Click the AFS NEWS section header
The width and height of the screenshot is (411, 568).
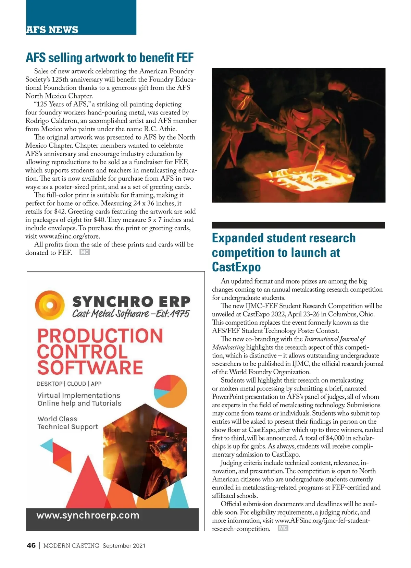52,30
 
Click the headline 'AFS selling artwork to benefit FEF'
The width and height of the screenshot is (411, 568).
110,58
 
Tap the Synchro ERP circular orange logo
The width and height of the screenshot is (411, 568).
50,306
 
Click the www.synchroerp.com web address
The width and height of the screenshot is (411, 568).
88,516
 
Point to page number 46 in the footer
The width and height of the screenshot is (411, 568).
31,545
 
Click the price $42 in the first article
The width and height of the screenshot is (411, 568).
60,212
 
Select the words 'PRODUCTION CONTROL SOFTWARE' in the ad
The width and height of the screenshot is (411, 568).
99,352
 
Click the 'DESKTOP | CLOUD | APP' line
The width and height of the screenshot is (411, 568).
69,384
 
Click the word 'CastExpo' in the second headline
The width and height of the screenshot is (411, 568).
236,267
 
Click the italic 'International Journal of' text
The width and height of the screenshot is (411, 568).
335,339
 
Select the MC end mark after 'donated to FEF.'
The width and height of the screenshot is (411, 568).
85,252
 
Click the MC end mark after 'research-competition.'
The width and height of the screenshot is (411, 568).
283,528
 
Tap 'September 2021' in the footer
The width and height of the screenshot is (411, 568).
124,546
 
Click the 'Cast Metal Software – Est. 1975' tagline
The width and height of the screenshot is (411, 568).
130,314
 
